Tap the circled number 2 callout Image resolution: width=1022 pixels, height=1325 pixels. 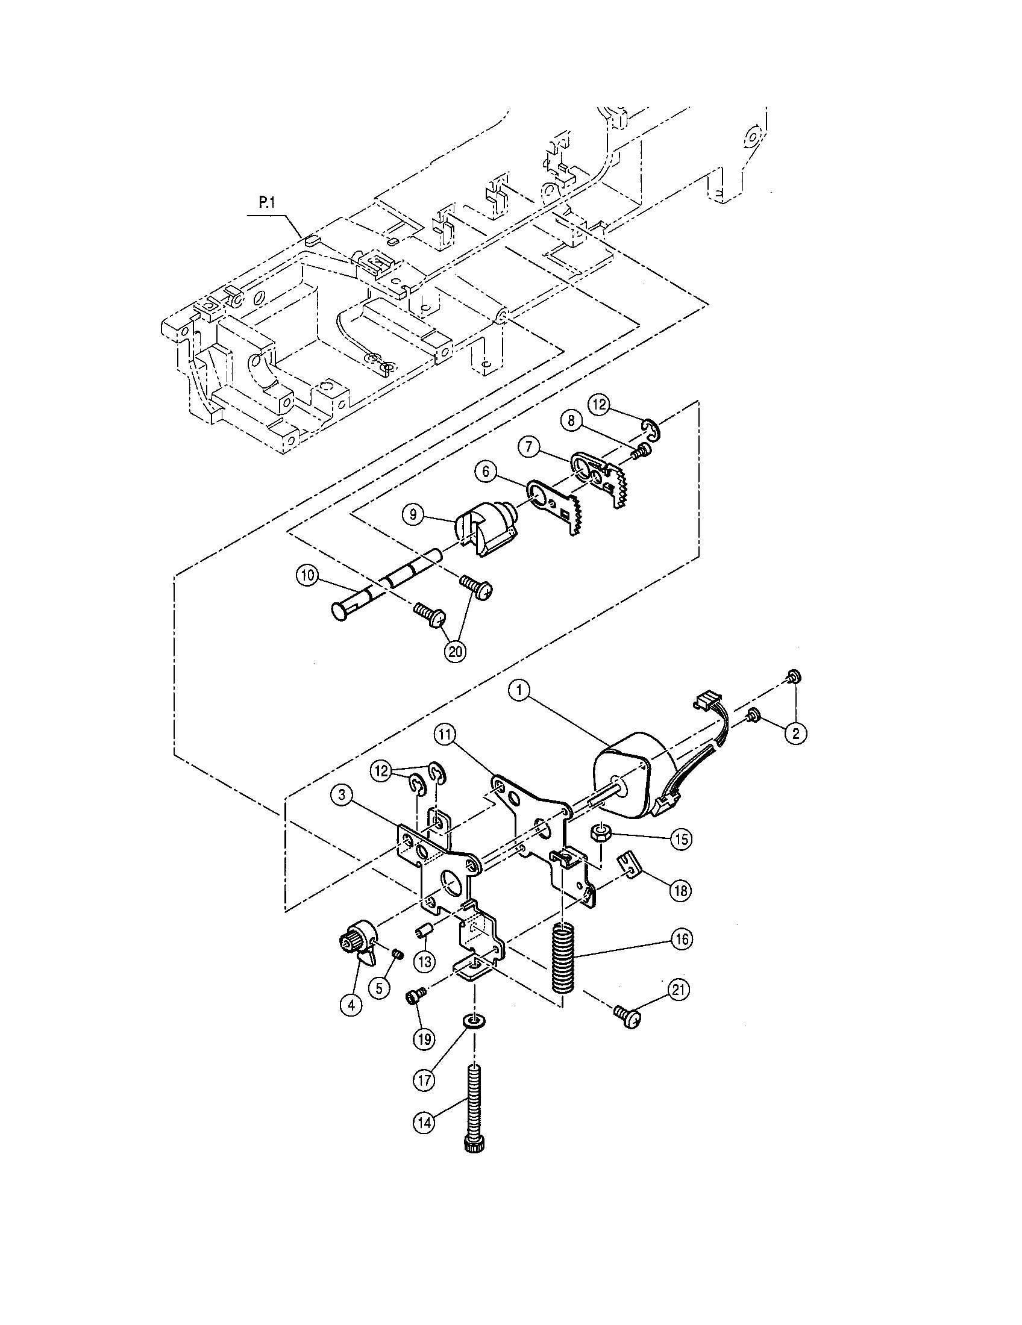coord(795,733)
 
